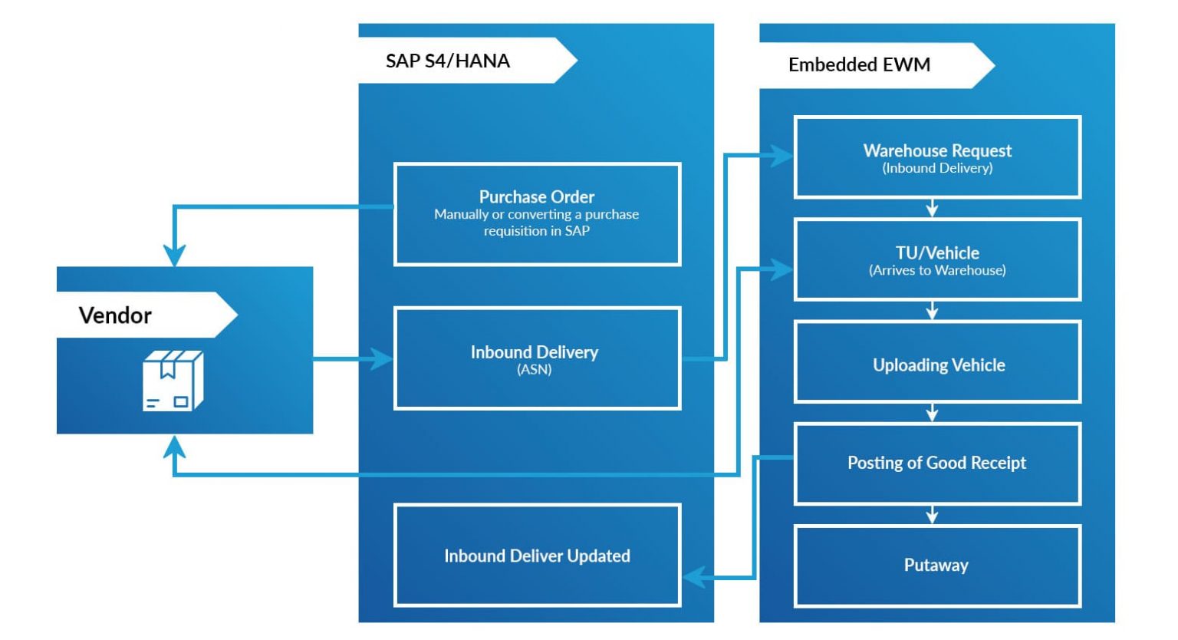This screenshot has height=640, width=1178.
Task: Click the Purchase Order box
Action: coord(537,214)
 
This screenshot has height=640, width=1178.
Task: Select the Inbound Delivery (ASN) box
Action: coord(537,358)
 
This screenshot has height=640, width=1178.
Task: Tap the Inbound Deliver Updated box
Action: coord(537,555)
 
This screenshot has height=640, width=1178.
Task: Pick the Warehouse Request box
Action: coord(937,157)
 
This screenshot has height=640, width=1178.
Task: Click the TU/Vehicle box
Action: coord(937,259)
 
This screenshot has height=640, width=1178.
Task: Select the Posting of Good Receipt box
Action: coord(937,464)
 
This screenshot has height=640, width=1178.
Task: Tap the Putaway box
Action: coord(937,566)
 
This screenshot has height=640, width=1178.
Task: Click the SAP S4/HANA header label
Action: coord(448,61)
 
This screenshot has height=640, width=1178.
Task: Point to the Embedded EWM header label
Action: coord(859,64)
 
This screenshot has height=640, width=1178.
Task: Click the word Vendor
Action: coord(115,315)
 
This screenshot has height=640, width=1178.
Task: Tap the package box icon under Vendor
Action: coord(173,381)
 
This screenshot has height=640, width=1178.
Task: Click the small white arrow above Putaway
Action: coord(932,516)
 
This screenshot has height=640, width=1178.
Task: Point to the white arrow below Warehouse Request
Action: coord(932,209)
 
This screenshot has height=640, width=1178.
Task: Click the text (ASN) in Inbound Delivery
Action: coord(535,370)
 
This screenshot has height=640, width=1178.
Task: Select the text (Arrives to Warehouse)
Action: coord(937,270)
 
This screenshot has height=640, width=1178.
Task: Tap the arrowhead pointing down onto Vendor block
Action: coord(175,256)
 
